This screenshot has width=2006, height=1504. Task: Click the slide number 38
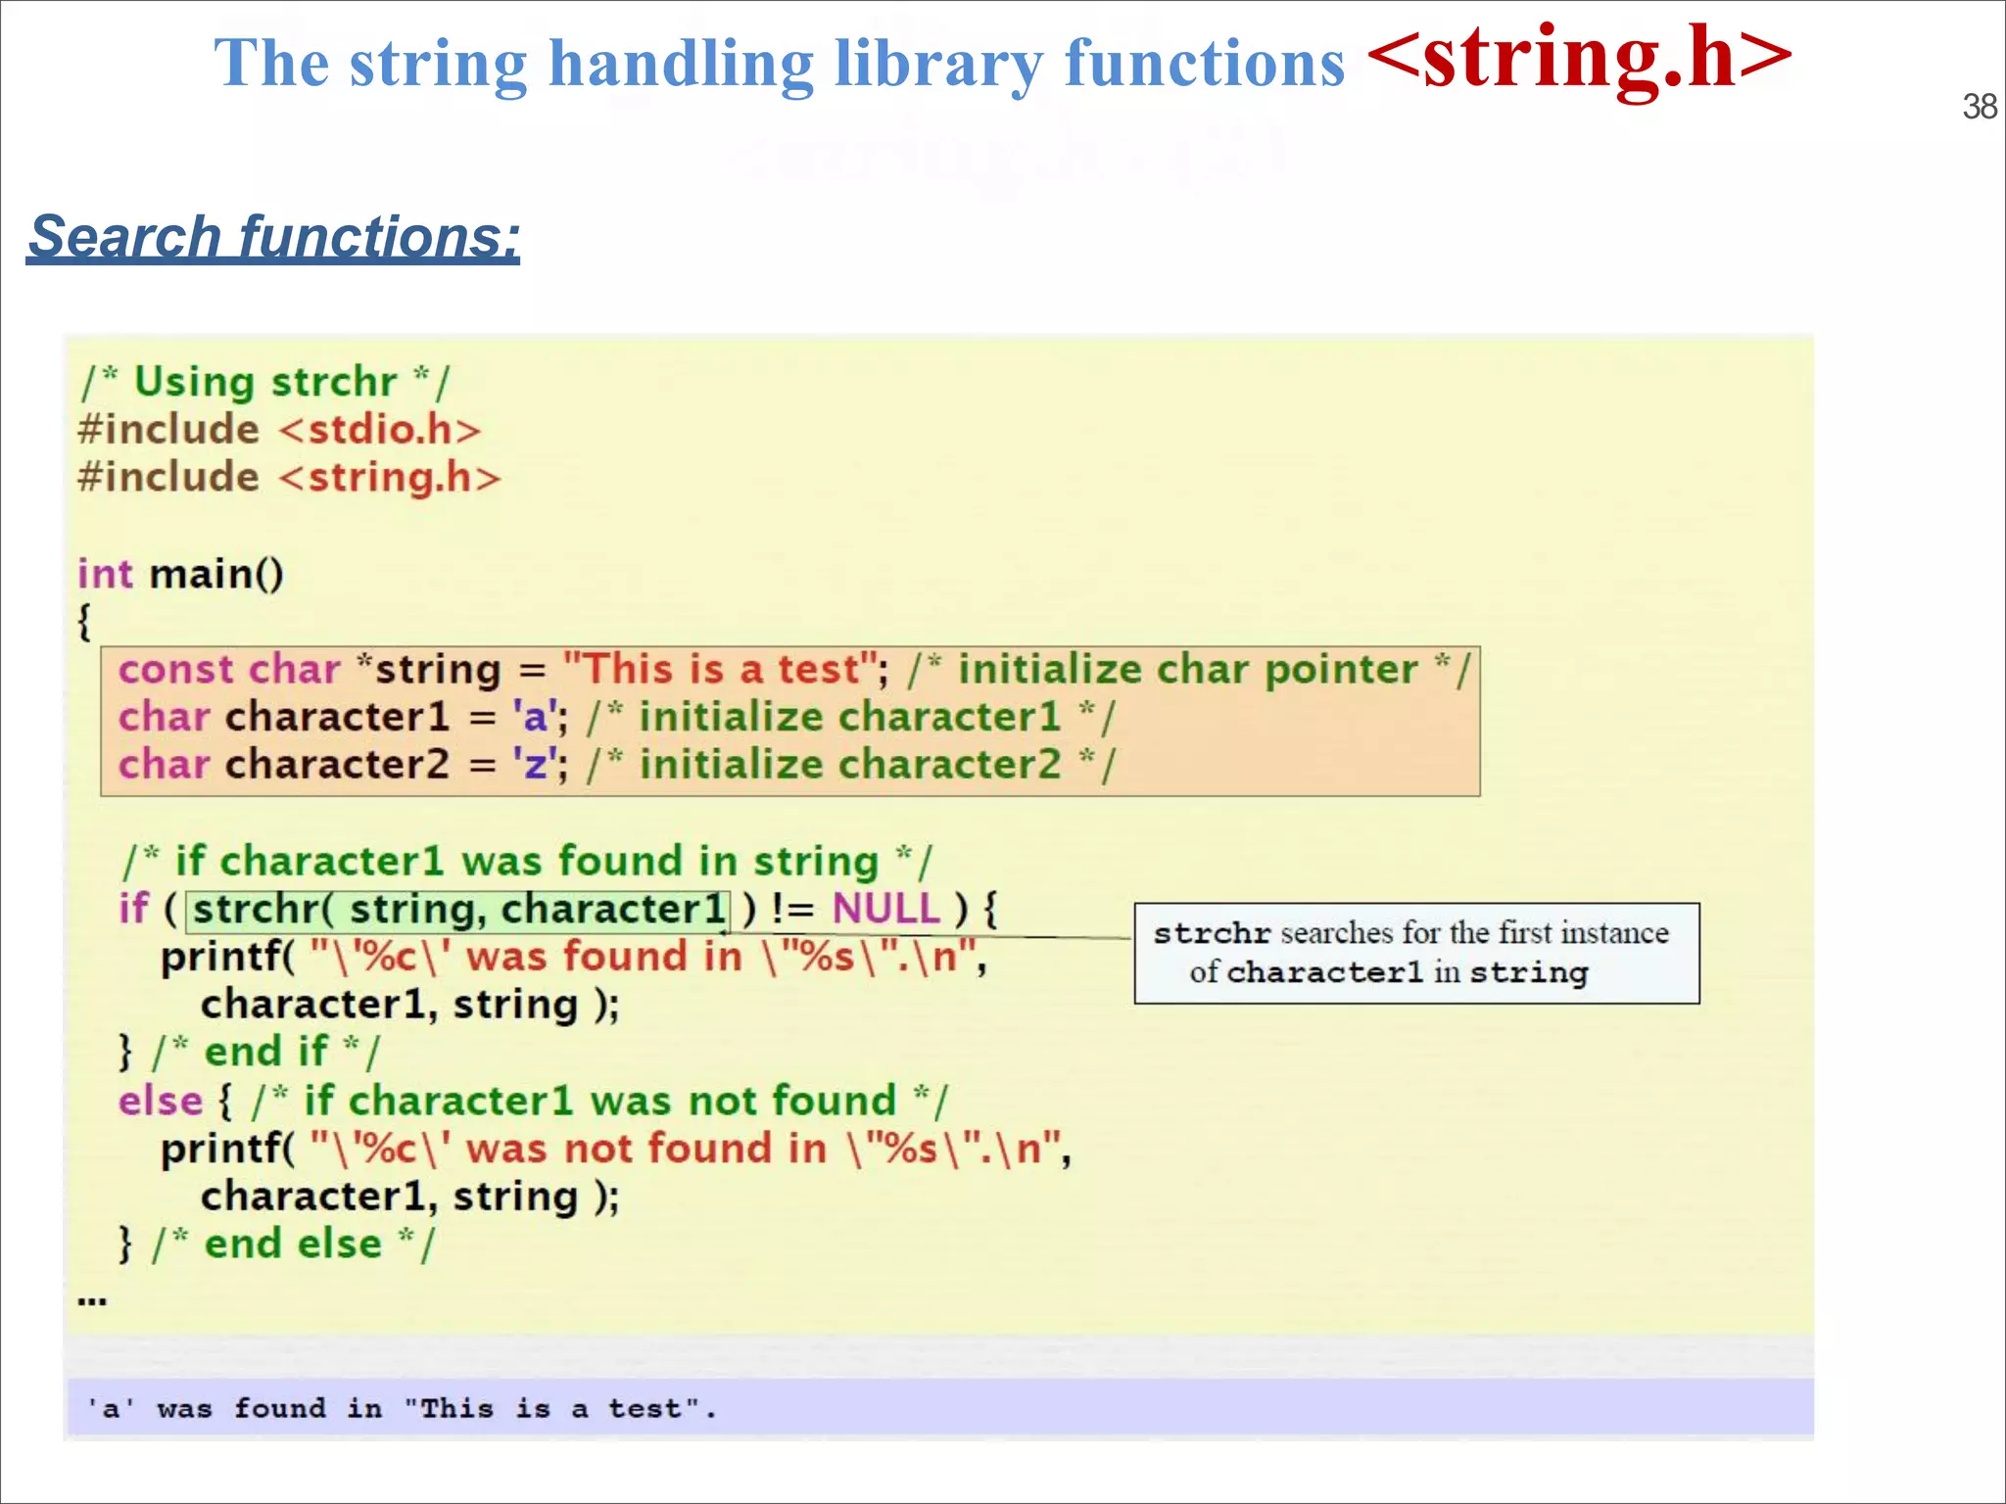pos(1979,107)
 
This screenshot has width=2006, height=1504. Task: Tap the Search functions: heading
pos(274,237)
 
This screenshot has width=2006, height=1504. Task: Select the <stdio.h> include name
pos(380,430)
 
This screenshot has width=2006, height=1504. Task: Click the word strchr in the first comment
pos(334,382)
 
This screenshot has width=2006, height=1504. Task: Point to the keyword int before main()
pos(105,574)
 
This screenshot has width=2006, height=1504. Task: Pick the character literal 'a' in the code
pos(535,717)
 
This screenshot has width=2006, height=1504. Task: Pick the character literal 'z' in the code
pos(535,765)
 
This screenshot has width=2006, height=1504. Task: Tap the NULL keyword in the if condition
pos(885,909)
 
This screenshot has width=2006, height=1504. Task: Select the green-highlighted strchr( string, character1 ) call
pos(458,909)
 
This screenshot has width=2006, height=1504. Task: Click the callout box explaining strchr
pos(1416,953)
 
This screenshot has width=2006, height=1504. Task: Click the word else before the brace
pos(160,1101)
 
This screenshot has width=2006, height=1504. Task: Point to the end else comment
pos(292,1245)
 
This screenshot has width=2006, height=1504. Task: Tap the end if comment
pos(265,1053)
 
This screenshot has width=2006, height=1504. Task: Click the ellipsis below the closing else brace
pos(92,1300)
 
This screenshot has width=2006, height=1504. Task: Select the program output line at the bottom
pos(402,1409)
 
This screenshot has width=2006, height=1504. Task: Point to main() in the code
pos(216,574)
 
